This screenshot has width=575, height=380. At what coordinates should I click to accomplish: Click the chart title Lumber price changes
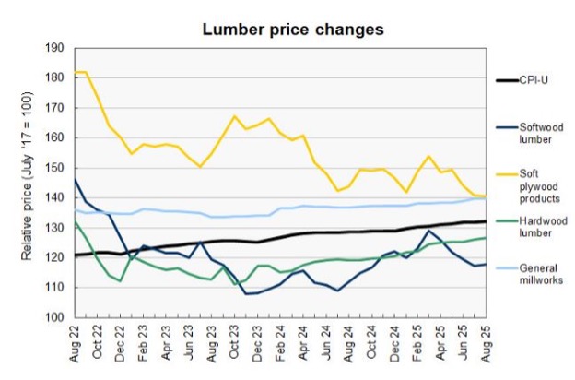293,30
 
